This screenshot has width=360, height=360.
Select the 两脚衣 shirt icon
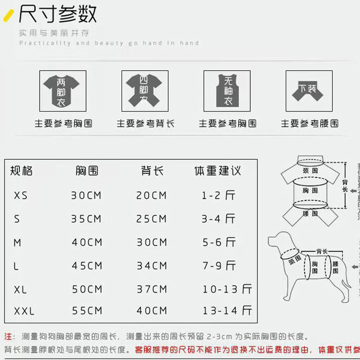coord(61,91)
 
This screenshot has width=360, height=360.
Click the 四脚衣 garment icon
coord(143,91)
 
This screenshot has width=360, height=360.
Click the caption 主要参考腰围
coord(310,123)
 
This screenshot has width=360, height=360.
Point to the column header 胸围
coord(87,171)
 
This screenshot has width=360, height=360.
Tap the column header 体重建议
coord(218,171)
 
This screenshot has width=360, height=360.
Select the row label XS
coord(21,196)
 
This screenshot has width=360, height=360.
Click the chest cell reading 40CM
coord(87,242)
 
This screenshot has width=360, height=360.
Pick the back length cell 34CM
coord(152,265)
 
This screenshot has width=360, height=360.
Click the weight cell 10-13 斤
coord(227,289)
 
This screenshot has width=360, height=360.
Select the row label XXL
coord(24,311)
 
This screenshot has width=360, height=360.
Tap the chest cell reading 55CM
coord(87,311)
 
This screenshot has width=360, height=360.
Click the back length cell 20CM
coord(152,196)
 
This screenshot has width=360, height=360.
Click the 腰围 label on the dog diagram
coord(335,268)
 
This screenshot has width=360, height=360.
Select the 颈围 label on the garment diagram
coord(310,171)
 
